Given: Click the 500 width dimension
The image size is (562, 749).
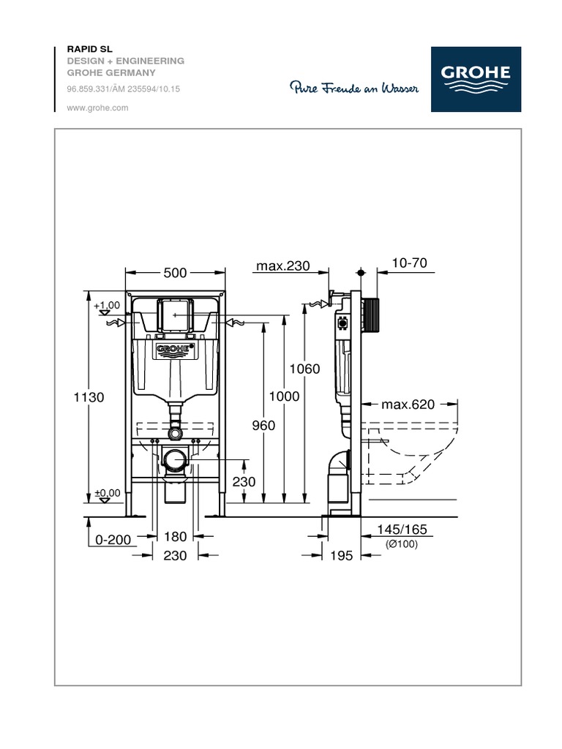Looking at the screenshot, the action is tap(175, 273).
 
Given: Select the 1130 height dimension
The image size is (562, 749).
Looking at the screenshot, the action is tap(89, 397).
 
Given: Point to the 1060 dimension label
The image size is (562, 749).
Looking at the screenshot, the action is tap(305, 369).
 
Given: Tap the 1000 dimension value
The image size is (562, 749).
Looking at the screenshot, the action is tap(285, 396).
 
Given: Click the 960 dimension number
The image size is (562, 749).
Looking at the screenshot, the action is tap(263, 425).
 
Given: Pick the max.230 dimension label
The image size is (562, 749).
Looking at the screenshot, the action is tap(283, 266).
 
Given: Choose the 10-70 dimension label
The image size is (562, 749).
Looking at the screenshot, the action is tap(410, 263).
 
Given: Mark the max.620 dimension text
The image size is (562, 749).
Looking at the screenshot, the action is tap(408, 404).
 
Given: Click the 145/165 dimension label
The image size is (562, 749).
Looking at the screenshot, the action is tap(402, 530).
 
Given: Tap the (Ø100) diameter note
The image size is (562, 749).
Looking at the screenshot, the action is tap(402, 543).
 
